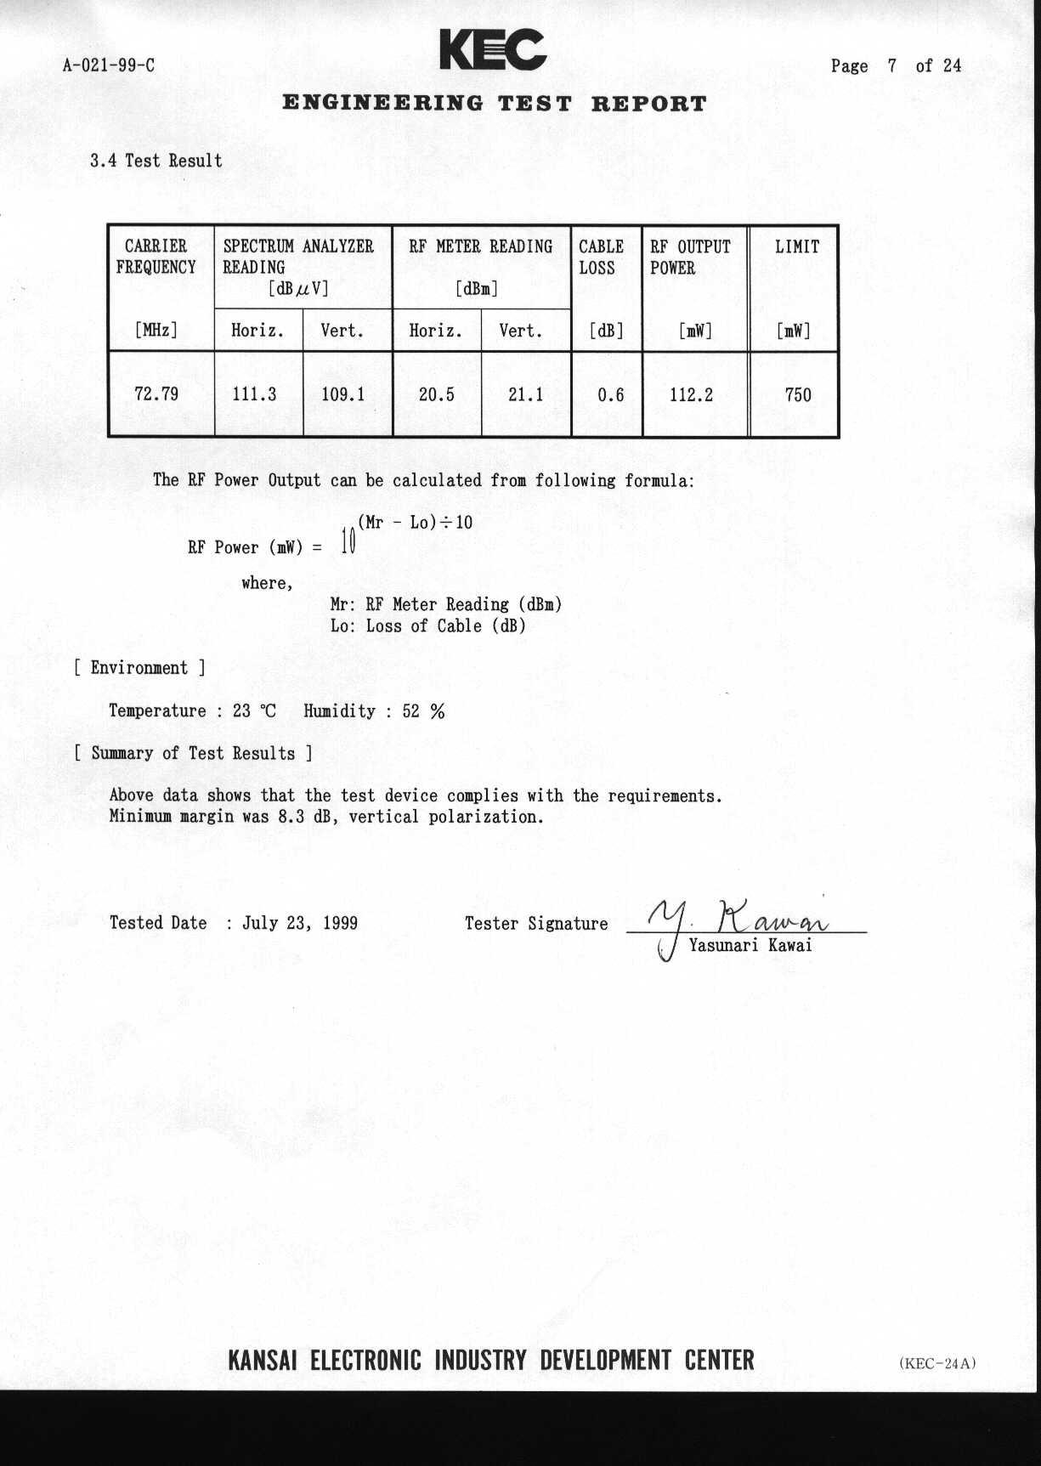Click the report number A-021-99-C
pos(109,65)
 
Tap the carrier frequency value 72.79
pos(156,393)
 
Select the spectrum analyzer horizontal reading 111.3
pos(254,393)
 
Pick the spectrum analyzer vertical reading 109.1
pos(343,394)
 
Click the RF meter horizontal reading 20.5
pos(437,394)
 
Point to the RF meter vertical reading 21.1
pos(525,394)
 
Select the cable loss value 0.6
pos(610,394)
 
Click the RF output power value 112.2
pos(692,394)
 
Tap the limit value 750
pos(798,394)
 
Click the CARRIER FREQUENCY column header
pos(156,257)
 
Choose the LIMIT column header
pos(797,247)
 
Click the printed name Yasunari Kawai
pos(750,945)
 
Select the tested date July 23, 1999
pos(300,923)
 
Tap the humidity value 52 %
pos(423,711)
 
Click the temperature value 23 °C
pos(254,711)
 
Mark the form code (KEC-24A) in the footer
pos(937,1363)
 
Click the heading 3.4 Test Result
pos(156,161)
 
